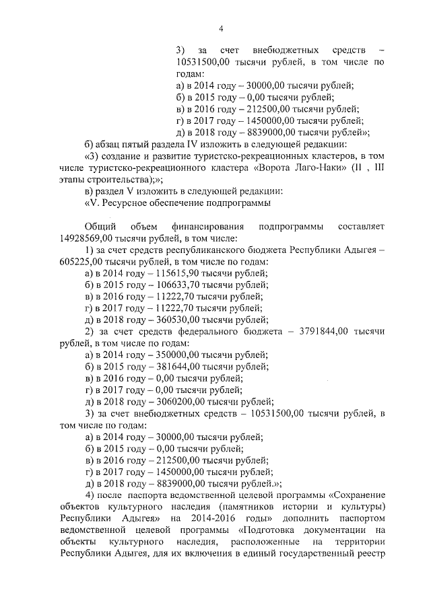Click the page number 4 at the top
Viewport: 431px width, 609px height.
click(220, 28)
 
